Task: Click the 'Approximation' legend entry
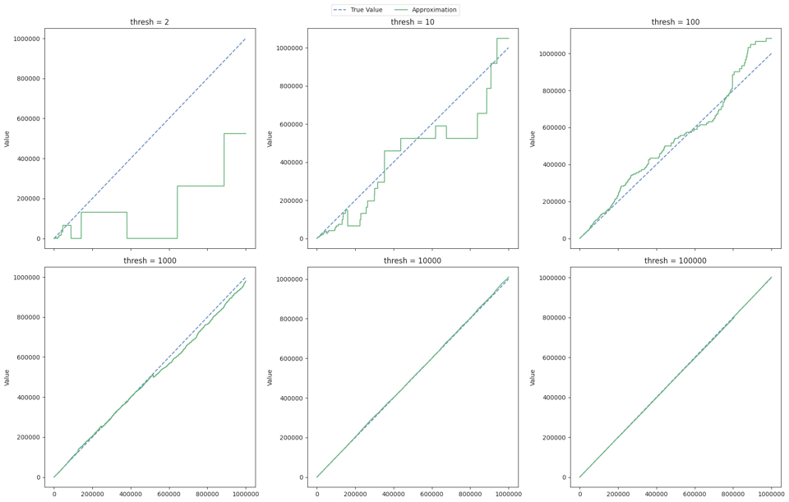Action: click(x=432, y=10)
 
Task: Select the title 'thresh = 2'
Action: click(x=150, y=22)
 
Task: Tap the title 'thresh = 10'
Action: click(x=413, y=22)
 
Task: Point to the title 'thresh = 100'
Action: click(x=676, y=22)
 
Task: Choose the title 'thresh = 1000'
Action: click(x=150, y=260)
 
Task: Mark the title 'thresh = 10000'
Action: click(x=413, y=260)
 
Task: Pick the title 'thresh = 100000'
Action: click(x=676, y=260)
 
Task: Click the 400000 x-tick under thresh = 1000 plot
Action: click(x=131, y=494)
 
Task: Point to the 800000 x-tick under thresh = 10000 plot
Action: click(x=470, y=494)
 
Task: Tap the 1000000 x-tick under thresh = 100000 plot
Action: click(x=771, y=494)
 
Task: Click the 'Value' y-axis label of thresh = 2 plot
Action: click(x=7, y=139)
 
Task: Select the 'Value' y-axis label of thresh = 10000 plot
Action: click(x=270, y=377)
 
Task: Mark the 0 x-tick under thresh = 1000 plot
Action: click(x=54, y=494)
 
